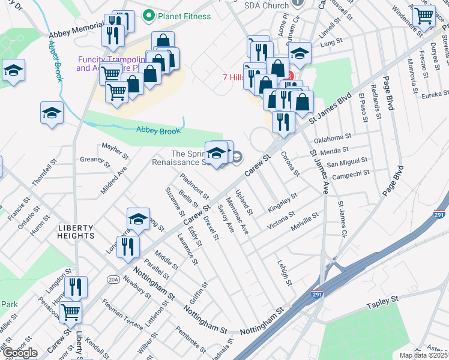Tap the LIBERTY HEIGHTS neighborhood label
[x=76, y=232]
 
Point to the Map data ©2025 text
[x=424, y=355]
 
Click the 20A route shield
[x=113, y=279]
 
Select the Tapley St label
[x=382, y=302]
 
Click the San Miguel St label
[x=346, y=162]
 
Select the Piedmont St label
[x=194, y=185]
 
